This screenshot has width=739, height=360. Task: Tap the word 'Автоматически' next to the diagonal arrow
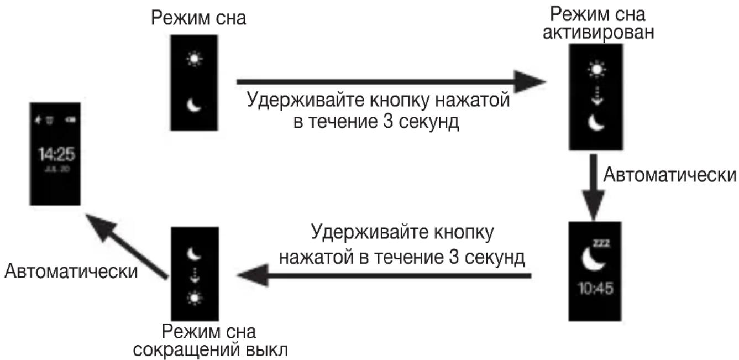click(71, 272)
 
